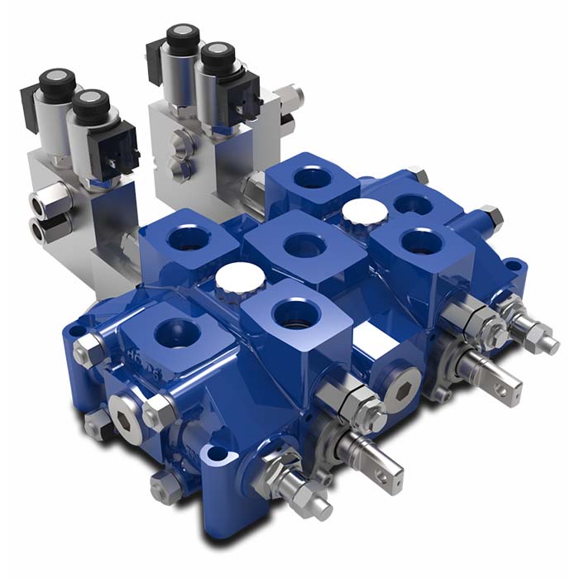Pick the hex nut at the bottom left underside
(x=165, y=487)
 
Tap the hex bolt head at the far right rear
(x=490, y=216)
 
